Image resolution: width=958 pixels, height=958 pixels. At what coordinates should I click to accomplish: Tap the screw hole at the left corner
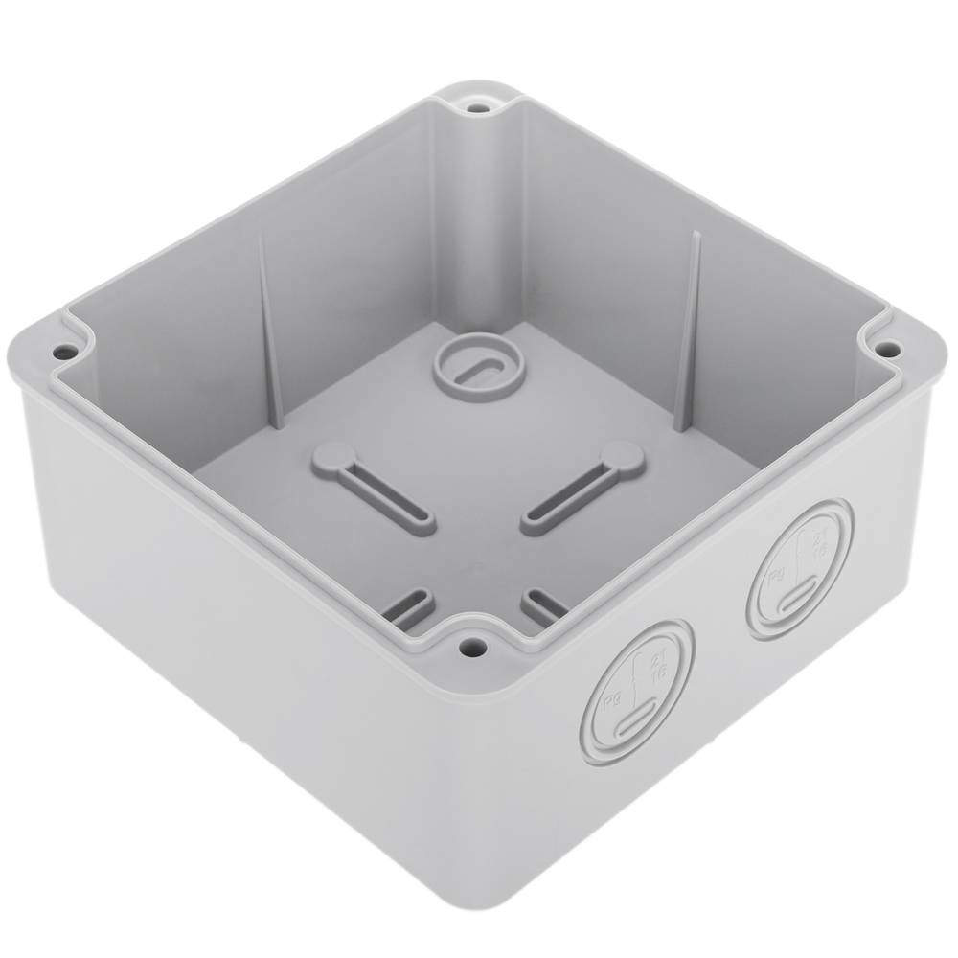pos(62,353)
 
